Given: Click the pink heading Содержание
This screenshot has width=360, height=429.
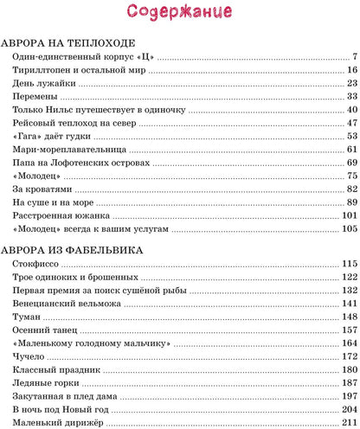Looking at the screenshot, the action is point(180,12).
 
